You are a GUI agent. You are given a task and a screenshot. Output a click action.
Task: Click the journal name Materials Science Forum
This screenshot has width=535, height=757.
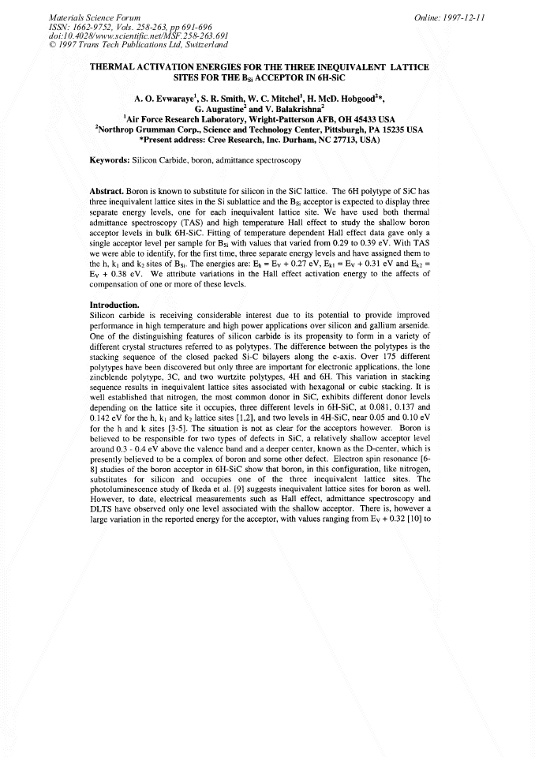coord(95,17)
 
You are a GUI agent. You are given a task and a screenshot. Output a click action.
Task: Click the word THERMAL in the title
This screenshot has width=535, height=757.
coord(118,68)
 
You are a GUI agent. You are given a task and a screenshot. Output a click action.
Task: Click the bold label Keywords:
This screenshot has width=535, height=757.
coord(108,159)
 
